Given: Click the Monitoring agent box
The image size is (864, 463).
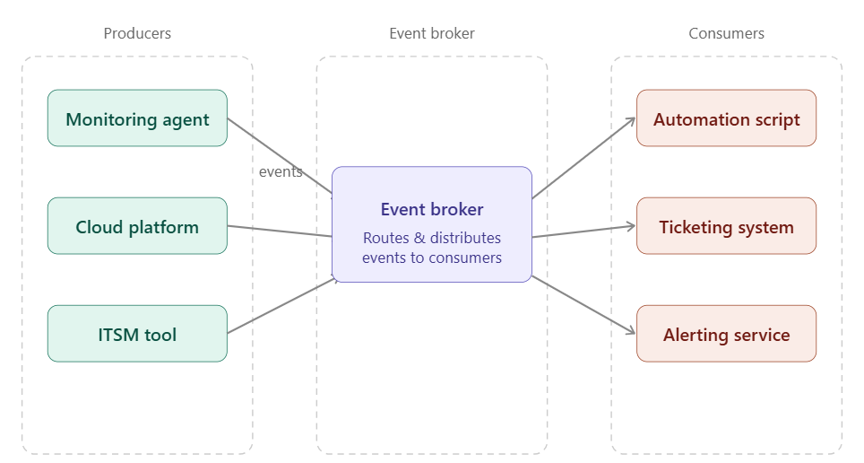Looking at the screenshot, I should click(x=137, y=118).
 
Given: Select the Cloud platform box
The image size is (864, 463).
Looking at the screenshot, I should click(x=137, y=226).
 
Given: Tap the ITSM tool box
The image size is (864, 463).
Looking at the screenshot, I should click(x=137, y=334).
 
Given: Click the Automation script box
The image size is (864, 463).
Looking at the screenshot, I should click(x=726, y=118).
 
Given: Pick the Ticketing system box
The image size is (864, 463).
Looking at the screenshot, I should click(x=726, y=226).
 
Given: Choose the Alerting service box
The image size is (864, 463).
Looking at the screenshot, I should click(x=726, y=334).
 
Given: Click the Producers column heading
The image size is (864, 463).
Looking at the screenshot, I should click(x=137, y=33).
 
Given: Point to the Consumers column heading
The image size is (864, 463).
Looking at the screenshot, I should click(x=726, y=33).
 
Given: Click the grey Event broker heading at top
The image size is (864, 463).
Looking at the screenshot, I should click(x=431, y=33).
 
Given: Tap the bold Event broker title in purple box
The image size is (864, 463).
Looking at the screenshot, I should click(x=431, y=209).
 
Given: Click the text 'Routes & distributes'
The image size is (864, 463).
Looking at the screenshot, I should click(x=431, y=238).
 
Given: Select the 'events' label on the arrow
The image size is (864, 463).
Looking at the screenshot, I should click(x=281, y=171).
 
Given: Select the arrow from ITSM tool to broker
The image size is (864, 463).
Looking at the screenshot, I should click(x=280, y=306).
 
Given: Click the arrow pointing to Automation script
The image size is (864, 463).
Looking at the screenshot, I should click(x=583, y=158).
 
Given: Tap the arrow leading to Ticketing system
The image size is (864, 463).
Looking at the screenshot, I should click(x=583, y=231).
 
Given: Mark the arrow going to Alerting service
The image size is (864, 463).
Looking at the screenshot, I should click(x=583, y=306).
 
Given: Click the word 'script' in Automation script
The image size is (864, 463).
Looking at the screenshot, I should click(x=777, y=119).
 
